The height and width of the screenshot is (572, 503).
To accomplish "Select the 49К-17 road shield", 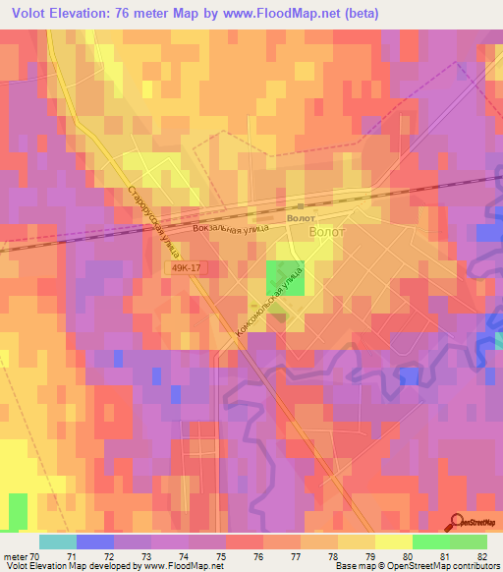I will [186, 267].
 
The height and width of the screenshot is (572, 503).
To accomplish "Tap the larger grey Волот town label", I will [327, 232].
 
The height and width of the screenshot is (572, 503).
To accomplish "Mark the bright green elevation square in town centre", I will [286, 277].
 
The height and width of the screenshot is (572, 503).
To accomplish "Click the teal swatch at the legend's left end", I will [58, 542].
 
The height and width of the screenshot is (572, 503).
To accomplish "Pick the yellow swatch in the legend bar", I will [394, 542].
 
